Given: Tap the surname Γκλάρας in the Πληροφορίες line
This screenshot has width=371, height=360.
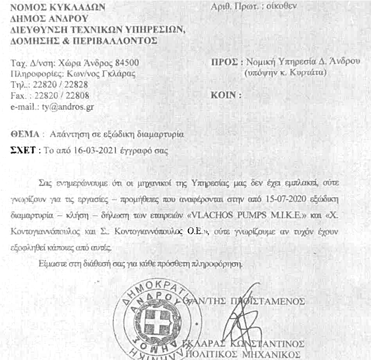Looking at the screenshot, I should click(x=118, y=73).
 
